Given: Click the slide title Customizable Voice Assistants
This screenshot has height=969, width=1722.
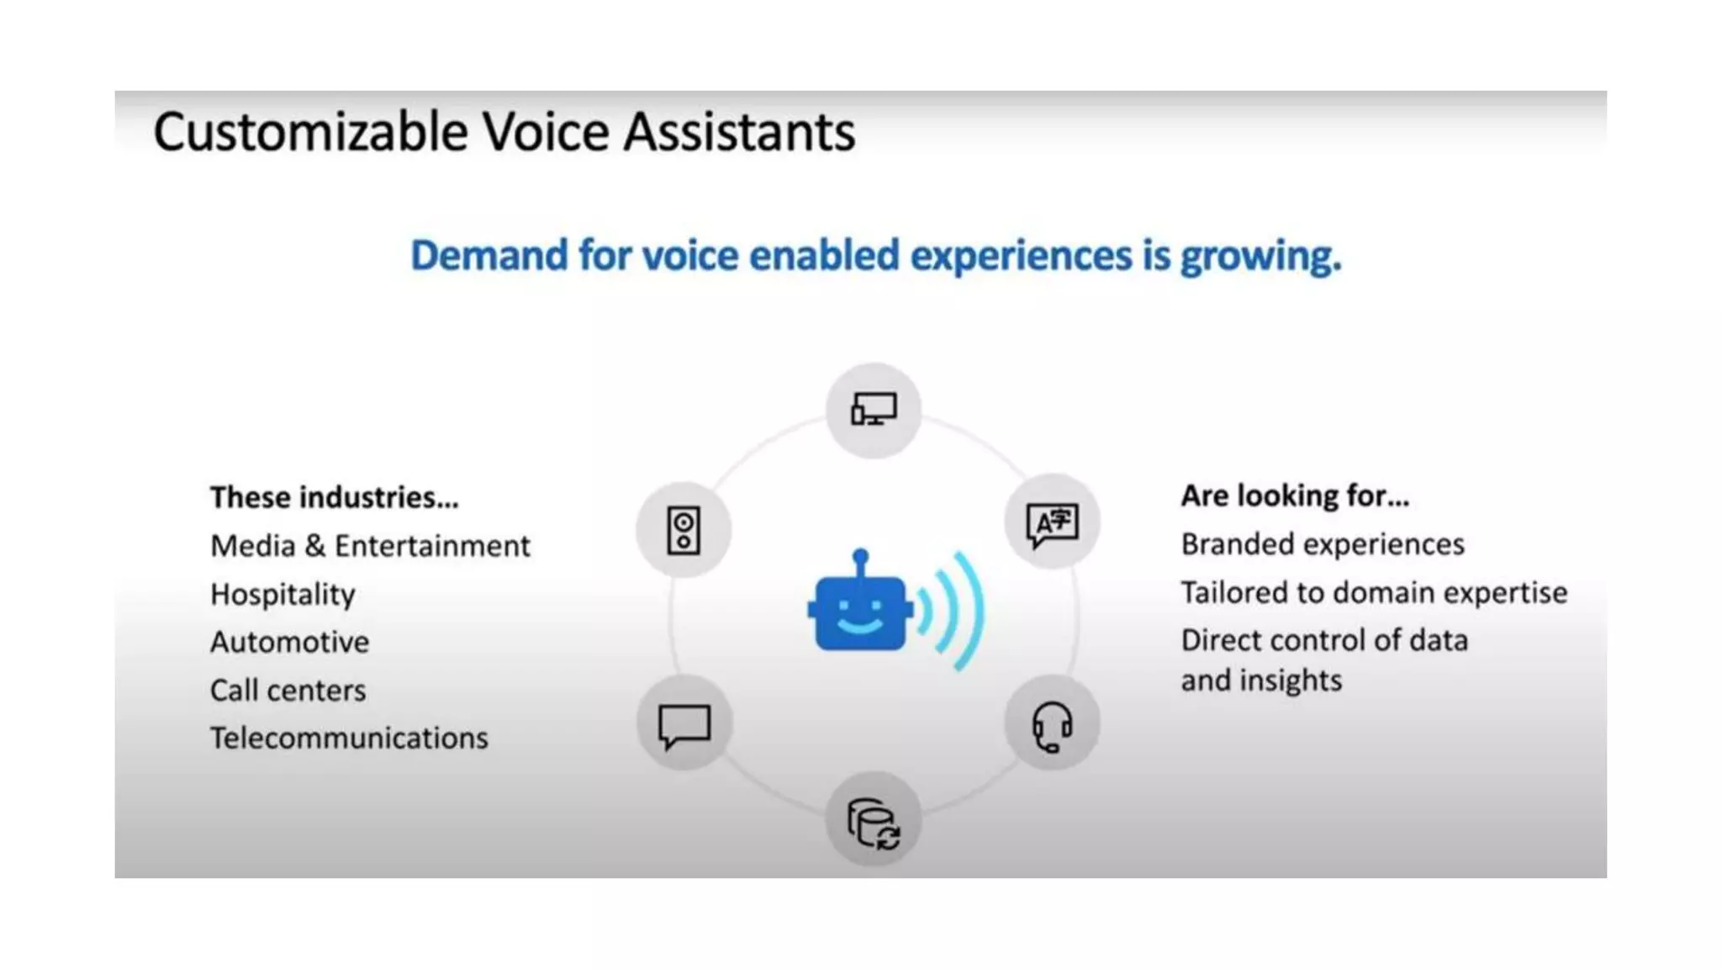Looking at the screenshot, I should coord(504,132).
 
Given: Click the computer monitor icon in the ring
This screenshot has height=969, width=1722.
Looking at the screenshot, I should coord(874,410).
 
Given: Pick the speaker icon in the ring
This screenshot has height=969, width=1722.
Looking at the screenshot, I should coord(684,530).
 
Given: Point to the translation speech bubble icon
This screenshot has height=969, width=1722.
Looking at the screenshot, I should coord(1052,524).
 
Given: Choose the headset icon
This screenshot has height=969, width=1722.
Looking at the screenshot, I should coord(1052,725).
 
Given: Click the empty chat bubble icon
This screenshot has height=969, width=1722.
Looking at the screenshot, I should coord(684,725).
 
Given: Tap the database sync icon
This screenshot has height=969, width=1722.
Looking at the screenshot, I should coord(874,823).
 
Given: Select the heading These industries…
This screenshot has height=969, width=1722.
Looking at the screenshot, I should coord(335,497).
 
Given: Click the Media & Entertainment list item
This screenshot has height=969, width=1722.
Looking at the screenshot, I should coord(370,546).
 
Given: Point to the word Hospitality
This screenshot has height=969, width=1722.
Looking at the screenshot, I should coord(283,595).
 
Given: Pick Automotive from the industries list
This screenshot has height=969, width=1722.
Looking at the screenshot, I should coord(289,643).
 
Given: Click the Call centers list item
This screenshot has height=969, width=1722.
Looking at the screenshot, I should coord(288,691).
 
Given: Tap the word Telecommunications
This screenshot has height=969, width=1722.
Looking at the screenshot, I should coord(349,739).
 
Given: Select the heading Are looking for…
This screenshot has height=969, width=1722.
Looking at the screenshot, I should coord(1295,496).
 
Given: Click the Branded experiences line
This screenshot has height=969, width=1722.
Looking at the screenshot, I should coord(1323,544).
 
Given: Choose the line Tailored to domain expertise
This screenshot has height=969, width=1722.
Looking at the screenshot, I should coord(1374,592).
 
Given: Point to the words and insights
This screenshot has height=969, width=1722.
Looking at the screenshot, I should coord(1261,680).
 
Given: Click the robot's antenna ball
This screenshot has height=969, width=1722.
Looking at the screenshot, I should coord(860,556).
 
